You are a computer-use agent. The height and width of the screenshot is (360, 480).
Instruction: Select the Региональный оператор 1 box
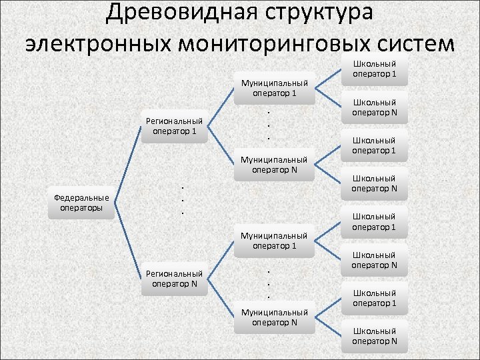175,126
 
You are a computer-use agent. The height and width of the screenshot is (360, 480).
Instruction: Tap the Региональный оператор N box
175,278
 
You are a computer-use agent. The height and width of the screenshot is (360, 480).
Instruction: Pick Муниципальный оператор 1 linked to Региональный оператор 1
275,88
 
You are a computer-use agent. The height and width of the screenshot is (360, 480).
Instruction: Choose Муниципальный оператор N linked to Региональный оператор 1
275,165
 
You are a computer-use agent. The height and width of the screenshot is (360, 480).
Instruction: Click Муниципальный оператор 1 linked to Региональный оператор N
275,241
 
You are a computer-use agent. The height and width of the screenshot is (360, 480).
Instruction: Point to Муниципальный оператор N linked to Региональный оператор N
275,317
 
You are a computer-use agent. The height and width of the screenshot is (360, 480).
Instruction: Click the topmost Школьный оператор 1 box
374,69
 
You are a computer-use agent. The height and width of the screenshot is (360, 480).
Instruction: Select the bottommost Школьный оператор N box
374,336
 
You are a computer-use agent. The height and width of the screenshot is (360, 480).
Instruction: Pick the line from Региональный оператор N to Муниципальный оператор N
223,297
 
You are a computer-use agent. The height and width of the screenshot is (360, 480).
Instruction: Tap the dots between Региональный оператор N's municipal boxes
268,284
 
